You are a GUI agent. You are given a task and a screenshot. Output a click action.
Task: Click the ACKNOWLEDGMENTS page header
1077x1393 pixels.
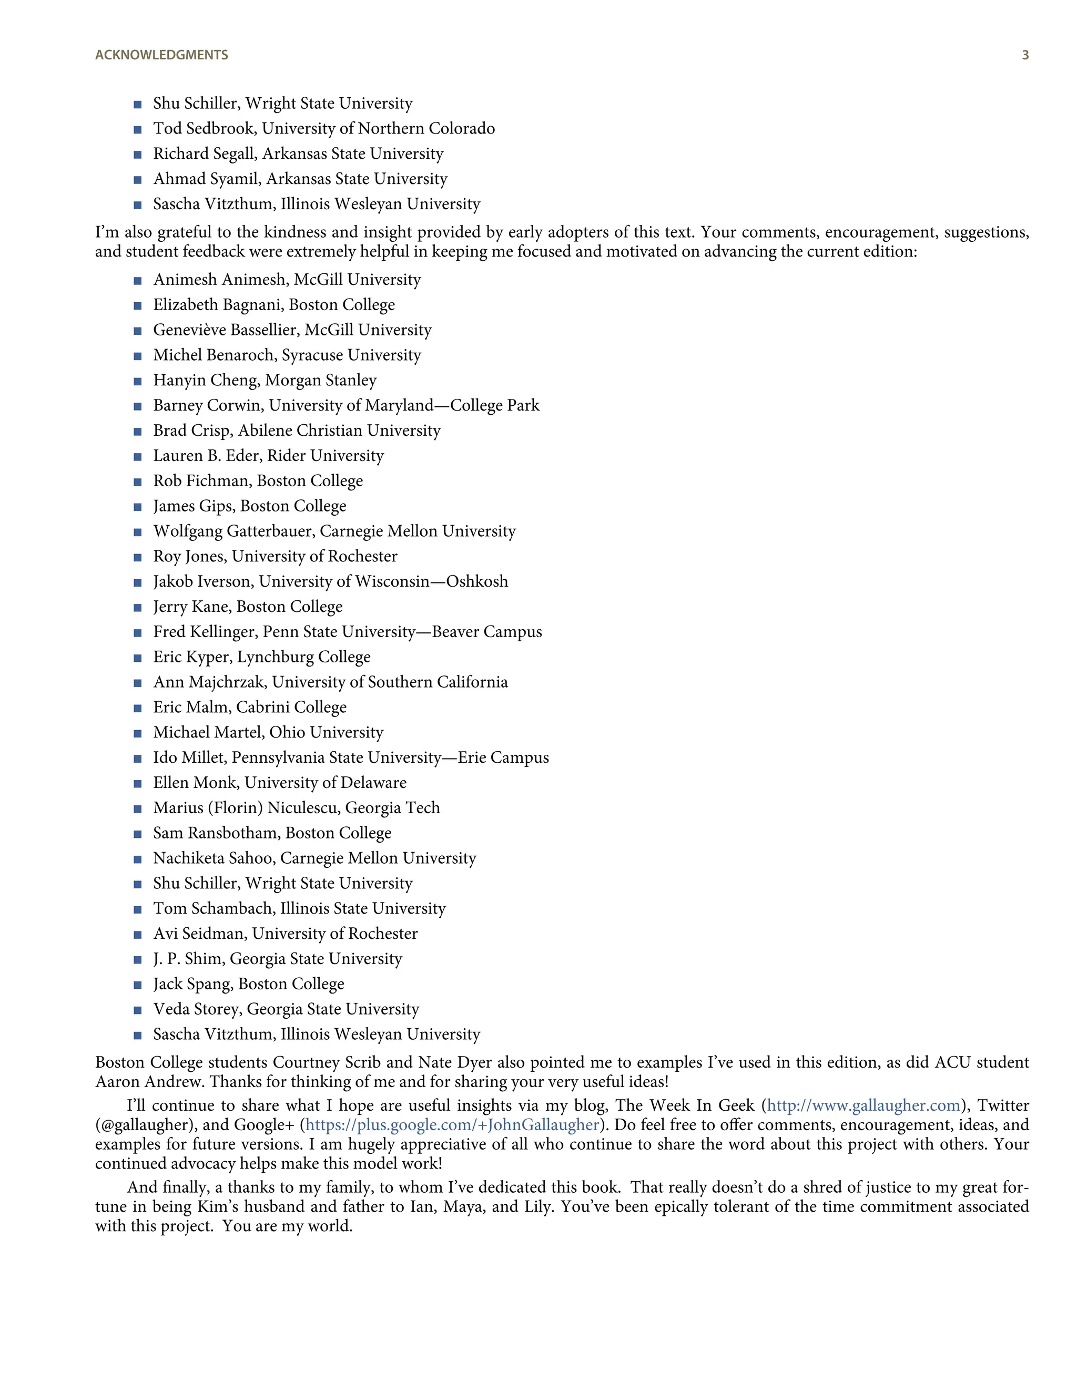(161, 55)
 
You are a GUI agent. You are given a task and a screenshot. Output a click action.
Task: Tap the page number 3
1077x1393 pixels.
(1025, 55)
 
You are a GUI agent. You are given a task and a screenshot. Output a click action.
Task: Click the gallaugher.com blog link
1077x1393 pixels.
(863, 1105)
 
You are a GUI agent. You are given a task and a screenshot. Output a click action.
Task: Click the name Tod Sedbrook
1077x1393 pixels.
(204, 128)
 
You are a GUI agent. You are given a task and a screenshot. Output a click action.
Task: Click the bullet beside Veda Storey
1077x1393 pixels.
(137, 1010)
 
